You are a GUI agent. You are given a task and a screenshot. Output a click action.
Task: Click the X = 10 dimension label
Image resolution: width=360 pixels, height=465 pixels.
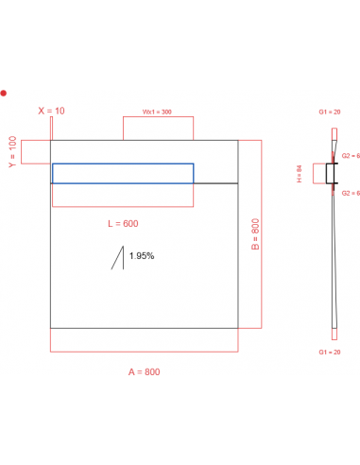click(51, 111)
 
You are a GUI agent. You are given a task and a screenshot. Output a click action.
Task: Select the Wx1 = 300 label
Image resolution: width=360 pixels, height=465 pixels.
click(157, 112)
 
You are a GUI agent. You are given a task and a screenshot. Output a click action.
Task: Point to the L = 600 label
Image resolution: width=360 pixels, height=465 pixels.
click(123, 223)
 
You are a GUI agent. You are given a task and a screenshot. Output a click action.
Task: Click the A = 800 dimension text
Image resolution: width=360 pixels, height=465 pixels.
click(144, 371)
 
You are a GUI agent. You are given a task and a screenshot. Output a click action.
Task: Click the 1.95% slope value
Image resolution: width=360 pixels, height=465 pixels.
click(142, 256)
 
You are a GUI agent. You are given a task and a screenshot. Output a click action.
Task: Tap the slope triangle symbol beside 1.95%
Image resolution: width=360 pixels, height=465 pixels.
click(119, 258)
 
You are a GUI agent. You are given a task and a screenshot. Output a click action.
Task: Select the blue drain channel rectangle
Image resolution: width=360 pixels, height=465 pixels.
click(123, 173)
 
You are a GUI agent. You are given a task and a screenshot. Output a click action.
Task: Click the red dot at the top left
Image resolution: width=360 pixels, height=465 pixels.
click(4, 93)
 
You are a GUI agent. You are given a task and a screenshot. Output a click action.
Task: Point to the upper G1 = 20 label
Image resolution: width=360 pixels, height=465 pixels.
click(331, 112)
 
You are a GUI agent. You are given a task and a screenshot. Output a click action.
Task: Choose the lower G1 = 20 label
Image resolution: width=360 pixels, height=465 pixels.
click(331, 351)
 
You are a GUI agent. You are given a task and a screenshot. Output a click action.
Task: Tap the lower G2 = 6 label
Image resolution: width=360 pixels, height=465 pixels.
click(351, 193)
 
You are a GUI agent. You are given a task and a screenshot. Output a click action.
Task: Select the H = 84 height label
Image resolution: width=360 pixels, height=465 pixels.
click(299, 174)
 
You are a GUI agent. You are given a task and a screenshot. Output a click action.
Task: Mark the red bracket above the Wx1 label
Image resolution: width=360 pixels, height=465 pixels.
click(158, 129)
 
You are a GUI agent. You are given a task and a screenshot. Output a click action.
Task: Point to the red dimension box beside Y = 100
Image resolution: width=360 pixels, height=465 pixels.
click(37, 151)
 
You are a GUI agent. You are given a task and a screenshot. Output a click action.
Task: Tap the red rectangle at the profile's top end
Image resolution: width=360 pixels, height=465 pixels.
click(332, 131)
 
